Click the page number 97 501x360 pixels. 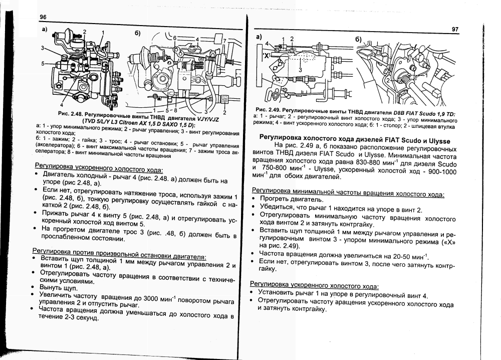(x=454, y=30)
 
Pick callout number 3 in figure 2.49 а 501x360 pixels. (x=301, y=70)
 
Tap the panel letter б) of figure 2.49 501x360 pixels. (x=359, y=39)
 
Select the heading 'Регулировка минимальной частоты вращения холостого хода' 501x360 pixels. (x=348, y=192)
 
